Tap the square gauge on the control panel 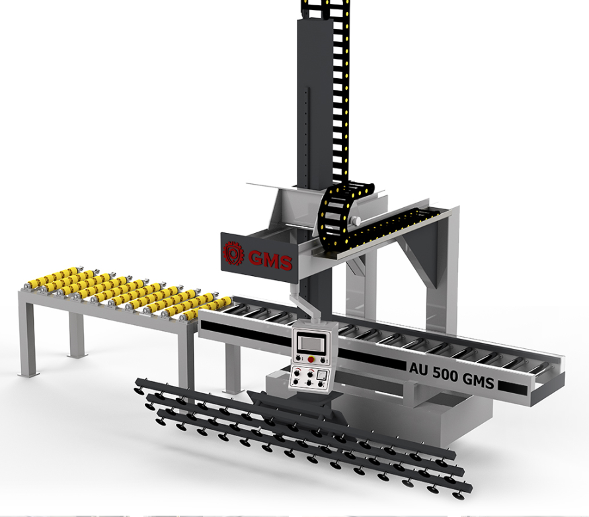click(x=322, y=375)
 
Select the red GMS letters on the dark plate click(x=270, y=259)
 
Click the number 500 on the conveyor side click(x=445, y=374)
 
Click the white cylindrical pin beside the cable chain click(x=355, y=221)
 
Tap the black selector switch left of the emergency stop click(x=299, y=357)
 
